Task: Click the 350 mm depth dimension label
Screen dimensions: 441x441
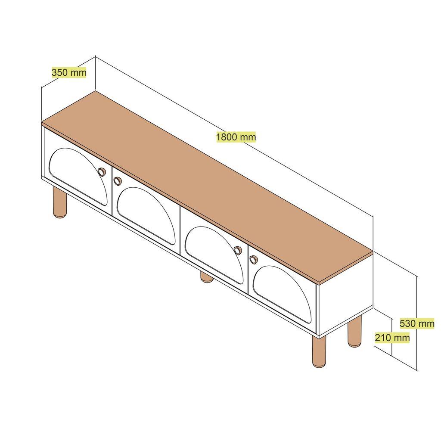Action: point(69,72)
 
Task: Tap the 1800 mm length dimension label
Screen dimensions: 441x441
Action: point(236,137)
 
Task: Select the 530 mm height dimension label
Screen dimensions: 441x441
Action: point(417,323)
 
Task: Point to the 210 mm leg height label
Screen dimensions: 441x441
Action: point(392,338)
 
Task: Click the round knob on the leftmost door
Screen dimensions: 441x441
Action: point(101,172)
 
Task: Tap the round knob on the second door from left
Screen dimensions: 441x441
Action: point(117,181)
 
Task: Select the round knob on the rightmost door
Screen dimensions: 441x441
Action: point(254,259)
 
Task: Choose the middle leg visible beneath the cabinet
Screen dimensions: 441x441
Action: point(207,277)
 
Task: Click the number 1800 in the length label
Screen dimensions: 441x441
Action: point(227,137)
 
